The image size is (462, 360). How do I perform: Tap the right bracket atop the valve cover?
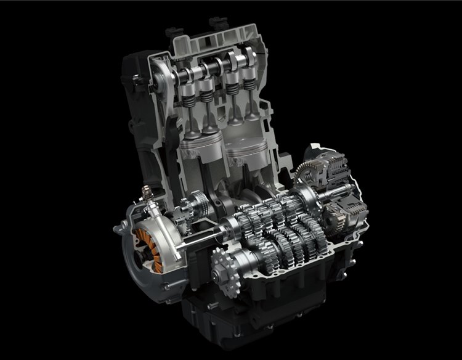click(x=215, y=23)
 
